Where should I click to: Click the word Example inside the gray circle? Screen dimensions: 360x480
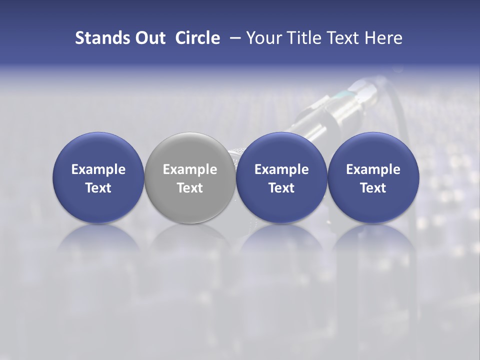190,169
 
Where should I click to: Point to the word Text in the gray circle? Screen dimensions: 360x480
190,188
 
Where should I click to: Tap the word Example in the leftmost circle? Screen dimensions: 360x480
98,169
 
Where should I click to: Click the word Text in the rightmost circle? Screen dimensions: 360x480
373,188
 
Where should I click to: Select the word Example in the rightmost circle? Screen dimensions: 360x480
373,169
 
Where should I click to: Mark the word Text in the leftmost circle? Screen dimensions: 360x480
98,188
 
